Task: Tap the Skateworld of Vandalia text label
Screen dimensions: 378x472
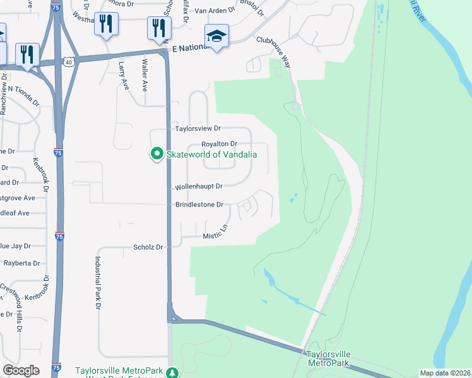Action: [x=211, y=154]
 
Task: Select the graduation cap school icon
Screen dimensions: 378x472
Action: [x=216, y=37]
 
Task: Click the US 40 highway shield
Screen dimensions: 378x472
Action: [x=69, y=62]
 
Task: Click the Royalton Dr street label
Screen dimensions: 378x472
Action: [x=218, y=144]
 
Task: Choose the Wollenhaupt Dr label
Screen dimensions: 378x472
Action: [x=199, y=186]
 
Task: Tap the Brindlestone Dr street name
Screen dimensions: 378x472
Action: [x=199, y=205]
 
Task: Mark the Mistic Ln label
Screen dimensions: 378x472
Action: [x=215, y=233]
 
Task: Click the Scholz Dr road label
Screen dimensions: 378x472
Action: [x=148, y=248]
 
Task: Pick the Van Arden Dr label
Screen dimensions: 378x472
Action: [x=215, y=11]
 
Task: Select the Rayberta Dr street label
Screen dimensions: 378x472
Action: [x=21, y=263]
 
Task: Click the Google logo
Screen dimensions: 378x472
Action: [x=21, y=370]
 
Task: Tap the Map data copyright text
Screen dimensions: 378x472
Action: [x=444, y=373]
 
